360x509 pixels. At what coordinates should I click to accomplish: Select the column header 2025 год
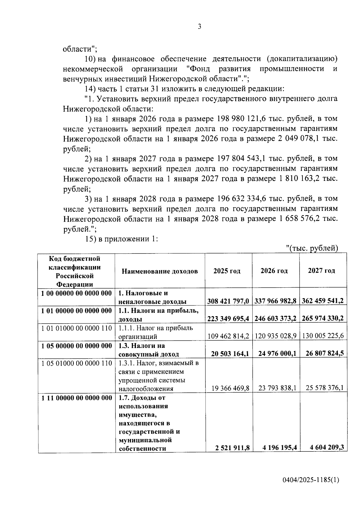pyautogui.click(x=227, y=271)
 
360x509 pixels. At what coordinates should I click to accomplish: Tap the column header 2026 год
pyautogui.click(x=274, y=271)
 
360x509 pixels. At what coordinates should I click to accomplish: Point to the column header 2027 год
pyautogui.click(x=321, y=271)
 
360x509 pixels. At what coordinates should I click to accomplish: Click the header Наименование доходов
pyautogui.click(x=160, y=271)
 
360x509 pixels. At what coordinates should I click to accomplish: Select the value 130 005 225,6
pyautogui.click(x=323, y=336)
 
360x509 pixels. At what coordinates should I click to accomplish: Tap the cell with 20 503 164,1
pyautogui.click(x=230, y=354)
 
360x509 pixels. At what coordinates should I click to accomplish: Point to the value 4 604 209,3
pyautogui.click(x=327, y=448)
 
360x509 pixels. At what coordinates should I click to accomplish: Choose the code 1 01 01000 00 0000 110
pyautogui.click(x=76, y=328)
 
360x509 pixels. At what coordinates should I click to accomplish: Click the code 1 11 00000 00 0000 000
pyautogui.click(x=76, y=398)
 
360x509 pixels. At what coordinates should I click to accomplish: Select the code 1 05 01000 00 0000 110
pyautogui.click(x=76, y=363)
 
